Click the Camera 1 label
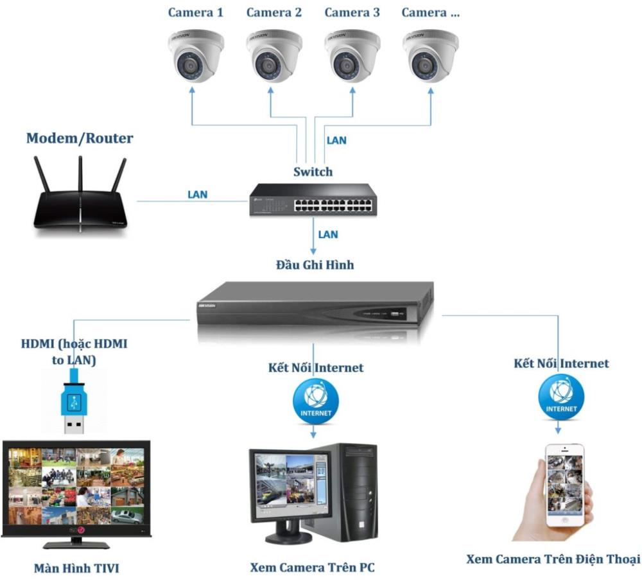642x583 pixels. pyautogui.click(x=195, y=12)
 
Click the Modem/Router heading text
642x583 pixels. pyautogui.click(x=80, y=138)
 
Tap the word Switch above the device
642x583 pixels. pyautogui.click(x=313, y=171)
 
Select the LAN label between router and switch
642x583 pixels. pyautogui.click(x=197, y=194)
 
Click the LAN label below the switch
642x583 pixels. pyautogui.click(x=328, y=234)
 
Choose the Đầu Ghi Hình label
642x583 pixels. pyautogui.click(x=314, y=264)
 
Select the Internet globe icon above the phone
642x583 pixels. pyautogui.click(x=561, y=397)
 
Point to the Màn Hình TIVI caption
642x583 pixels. pyautogui.click(x=76, y=568)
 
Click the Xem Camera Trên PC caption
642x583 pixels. pyautogui.click(x=312, y=568)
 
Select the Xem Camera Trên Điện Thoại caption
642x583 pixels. pyautogui.click(x=553, y=559)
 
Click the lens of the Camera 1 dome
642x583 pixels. pyautogui.click(x=189, y=65)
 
